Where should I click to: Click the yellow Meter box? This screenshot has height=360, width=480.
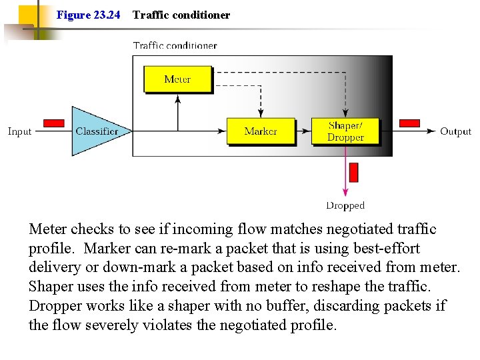[x=177, y=79]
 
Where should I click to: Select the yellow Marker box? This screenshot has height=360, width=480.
[x=260, y=131]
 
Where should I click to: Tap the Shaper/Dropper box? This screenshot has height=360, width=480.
[x=345, y=131]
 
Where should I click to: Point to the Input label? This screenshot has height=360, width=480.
[x=19, y=131]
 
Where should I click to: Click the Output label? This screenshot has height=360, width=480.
[x=455, y=131]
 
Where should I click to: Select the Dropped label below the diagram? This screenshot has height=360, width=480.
[x=345, y=206]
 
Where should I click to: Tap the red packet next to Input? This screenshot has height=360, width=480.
[x=53, y=123]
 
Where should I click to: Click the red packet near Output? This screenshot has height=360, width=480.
[x=409, y=123]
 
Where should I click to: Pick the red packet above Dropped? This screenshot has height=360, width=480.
[x=353, y=172]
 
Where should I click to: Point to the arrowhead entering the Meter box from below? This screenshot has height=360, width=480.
[x=177, y=98]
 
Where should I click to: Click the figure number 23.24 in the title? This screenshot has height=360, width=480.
[x=106, y=15]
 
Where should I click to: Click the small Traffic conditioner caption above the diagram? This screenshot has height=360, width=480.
[x=175, y=46]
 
